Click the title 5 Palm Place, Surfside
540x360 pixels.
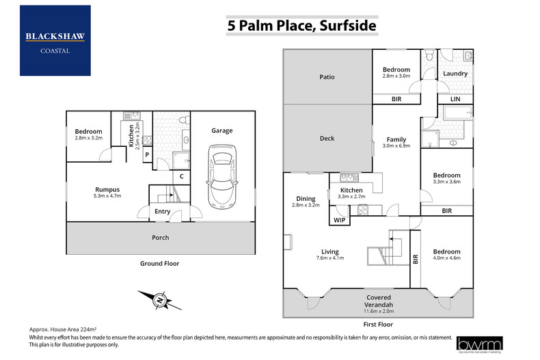(x=301, y=27)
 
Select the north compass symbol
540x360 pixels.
(x=159, y=299)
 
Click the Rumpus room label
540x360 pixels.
(x=107, y=189)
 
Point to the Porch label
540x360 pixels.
(x=160, y=238)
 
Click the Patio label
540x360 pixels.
(x=327, y=77)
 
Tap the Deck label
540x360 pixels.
(x=327, y=139)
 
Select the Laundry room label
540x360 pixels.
(x=455, y=74)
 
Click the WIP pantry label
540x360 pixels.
(x=340, y=220)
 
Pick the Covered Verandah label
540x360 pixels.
(x=378, y=298)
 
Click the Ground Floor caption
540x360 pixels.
(x=160, y=263)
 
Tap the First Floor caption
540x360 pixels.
(x=377, y=325)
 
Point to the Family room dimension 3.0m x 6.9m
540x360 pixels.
(x=396, y=146)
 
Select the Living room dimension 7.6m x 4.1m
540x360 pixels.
(x=329, y=258)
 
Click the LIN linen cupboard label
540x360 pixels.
(x=455, y=100)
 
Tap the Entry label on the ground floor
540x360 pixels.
(x=162, y=212)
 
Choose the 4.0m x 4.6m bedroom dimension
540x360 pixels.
(x=447, y=259)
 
